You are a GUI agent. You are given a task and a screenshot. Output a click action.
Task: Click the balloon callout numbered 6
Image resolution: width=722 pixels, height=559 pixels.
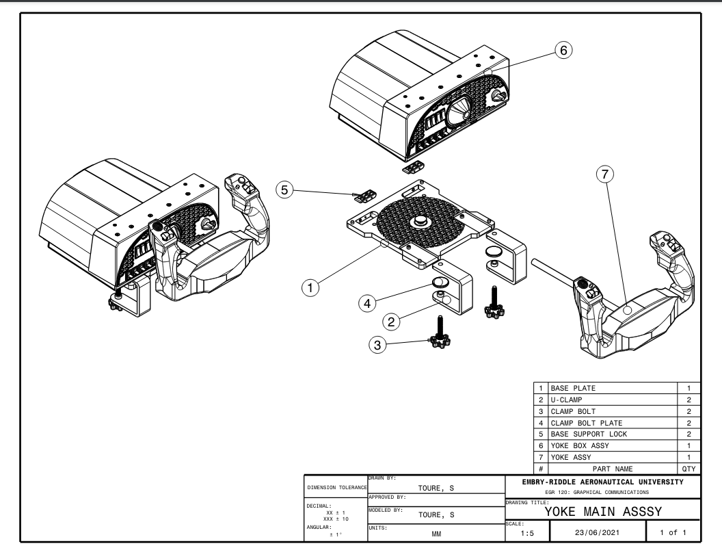click(562, 50)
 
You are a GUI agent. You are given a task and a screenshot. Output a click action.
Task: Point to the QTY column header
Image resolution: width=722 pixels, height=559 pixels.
click(688, 469)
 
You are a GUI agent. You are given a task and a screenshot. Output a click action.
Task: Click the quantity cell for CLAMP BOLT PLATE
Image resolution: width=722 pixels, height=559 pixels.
click(688, 422)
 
